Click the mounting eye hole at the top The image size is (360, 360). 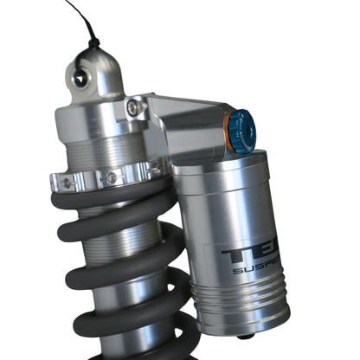tap(80, 78)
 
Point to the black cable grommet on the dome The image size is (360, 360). tap(92, 42)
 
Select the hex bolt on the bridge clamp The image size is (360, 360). tap(134, 107)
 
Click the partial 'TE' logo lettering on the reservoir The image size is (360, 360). tap(243, 254)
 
